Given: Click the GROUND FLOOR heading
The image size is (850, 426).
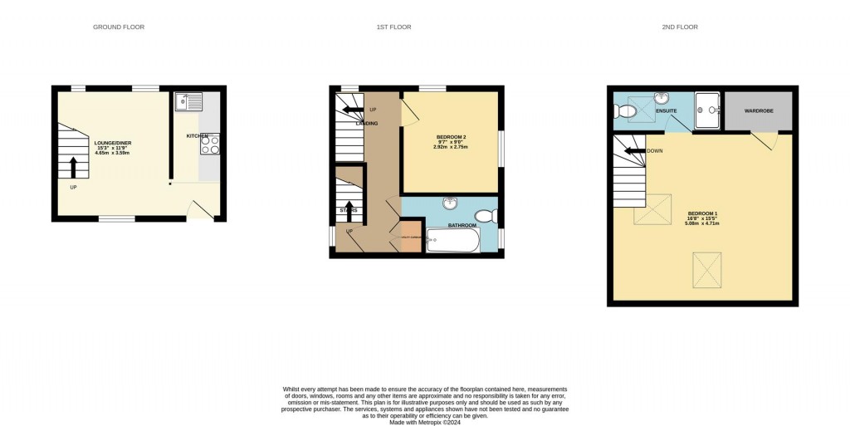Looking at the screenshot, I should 119,27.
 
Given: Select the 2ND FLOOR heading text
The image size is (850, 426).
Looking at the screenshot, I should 680,27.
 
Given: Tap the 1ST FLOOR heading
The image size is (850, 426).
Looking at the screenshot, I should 393,27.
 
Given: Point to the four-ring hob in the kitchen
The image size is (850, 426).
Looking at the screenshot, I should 210,145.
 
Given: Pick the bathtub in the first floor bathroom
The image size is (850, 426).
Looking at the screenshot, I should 453,242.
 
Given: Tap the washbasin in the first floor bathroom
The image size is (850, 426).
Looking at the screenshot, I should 449,203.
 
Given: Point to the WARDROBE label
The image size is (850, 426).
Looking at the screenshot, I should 759,110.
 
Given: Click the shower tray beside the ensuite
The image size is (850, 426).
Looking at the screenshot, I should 707,110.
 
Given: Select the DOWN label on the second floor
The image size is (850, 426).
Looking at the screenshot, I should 655,151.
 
